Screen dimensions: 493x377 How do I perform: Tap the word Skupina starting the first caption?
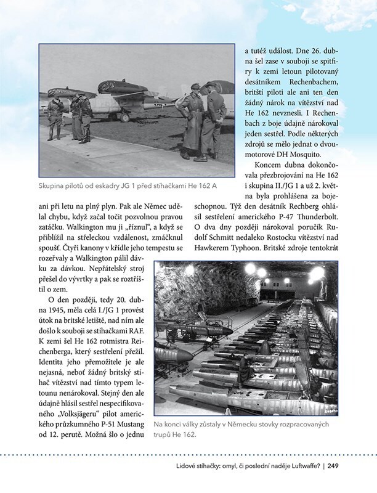point(54,187)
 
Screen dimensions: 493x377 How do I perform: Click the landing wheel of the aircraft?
point(124,116)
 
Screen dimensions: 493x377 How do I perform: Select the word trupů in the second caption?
point(164,435)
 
